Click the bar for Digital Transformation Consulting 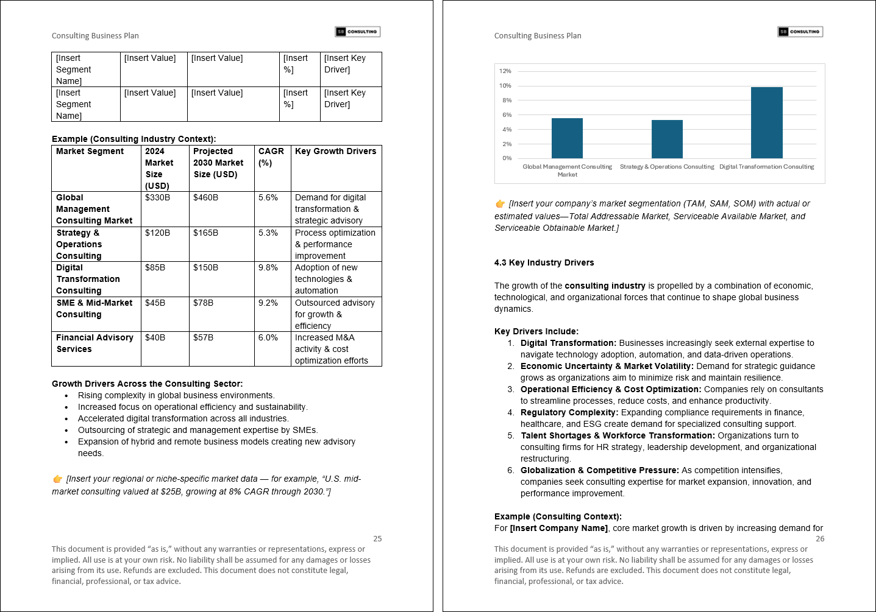766,123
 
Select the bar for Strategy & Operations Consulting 667,139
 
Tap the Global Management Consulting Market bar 567,138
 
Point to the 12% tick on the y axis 505,71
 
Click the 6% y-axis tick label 507,115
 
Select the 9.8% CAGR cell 268,268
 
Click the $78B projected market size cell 203,303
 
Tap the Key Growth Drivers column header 335,152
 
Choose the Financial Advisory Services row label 94,343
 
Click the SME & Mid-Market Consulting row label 94,309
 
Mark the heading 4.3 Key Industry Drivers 544,263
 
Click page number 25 377,539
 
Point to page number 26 820,539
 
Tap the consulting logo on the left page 358,32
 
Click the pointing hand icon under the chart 500,204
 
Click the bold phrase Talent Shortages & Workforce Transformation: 618,436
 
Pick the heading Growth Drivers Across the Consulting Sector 147,384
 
